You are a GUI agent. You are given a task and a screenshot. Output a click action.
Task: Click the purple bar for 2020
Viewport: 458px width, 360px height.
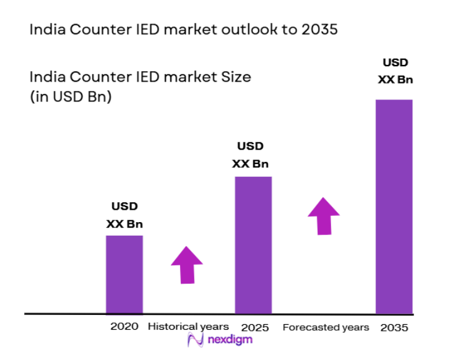coord(124,274)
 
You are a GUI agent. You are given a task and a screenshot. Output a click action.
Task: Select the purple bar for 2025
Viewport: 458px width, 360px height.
coord(253,245)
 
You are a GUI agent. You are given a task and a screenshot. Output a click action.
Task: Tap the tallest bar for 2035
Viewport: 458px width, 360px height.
coord(394,207)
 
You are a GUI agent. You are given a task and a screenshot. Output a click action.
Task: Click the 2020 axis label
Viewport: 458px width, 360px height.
coord(122,327)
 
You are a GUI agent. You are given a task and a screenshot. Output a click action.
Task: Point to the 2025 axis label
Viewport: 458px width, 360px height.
coord(254,327)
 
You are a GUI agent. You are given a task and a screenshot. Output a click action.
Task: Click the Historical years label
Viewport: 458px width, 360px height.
coord(188,327)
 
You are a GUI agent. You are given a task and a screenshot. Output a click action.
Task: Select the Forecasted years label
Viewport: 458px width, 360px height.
coord(326,327)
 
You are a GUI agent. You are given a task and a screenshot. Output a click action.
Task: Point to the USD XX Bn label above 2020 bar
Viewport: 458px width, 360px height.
coord(124,215)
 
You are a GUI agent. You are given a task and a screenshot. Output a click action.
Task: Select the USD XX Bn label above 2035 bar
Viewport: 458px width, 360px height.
coord(395,71)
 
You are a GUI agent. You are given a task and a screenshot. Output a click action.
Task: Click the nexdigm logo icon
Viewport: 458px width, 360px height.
coord(196,340)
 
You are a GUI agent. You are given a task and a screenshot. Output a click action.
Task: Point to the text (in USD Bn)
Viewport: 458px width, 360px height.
coord(70,97)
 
